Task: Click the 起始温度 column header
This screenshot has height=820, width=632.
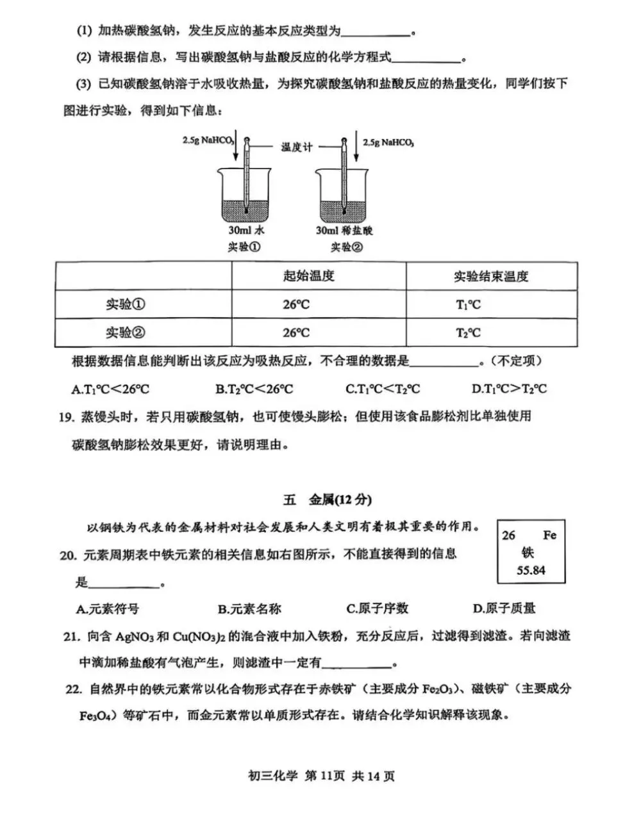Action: (309, 276)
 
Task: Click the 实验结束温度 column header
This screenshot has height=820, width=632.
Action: (491, 277)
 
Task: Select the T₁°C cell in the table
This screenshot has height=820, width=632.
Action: (469, 305)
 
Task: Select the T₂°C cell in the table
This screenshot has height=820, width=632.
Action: (469, 333)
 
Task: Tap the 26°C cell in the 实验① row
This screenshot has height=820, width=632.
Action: (296, 305)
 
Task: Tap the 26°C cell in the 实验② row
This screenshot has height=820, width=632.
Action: (296, 333)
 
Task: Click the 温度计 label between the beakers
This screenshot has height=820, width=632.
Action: (297, 147)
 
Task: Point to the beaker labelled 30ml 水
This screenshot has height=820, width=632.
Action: (246, 192)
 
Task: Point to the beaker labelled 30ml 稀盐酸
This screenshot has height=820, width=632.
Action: (344, 192)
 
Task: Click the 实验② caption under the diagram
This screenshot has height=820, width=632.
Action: (344, 247)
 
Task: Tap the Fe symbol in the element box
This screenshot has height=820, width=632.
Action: (549, 535)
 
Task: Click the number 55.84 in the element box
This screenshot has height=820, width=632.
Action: (531, 570)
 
